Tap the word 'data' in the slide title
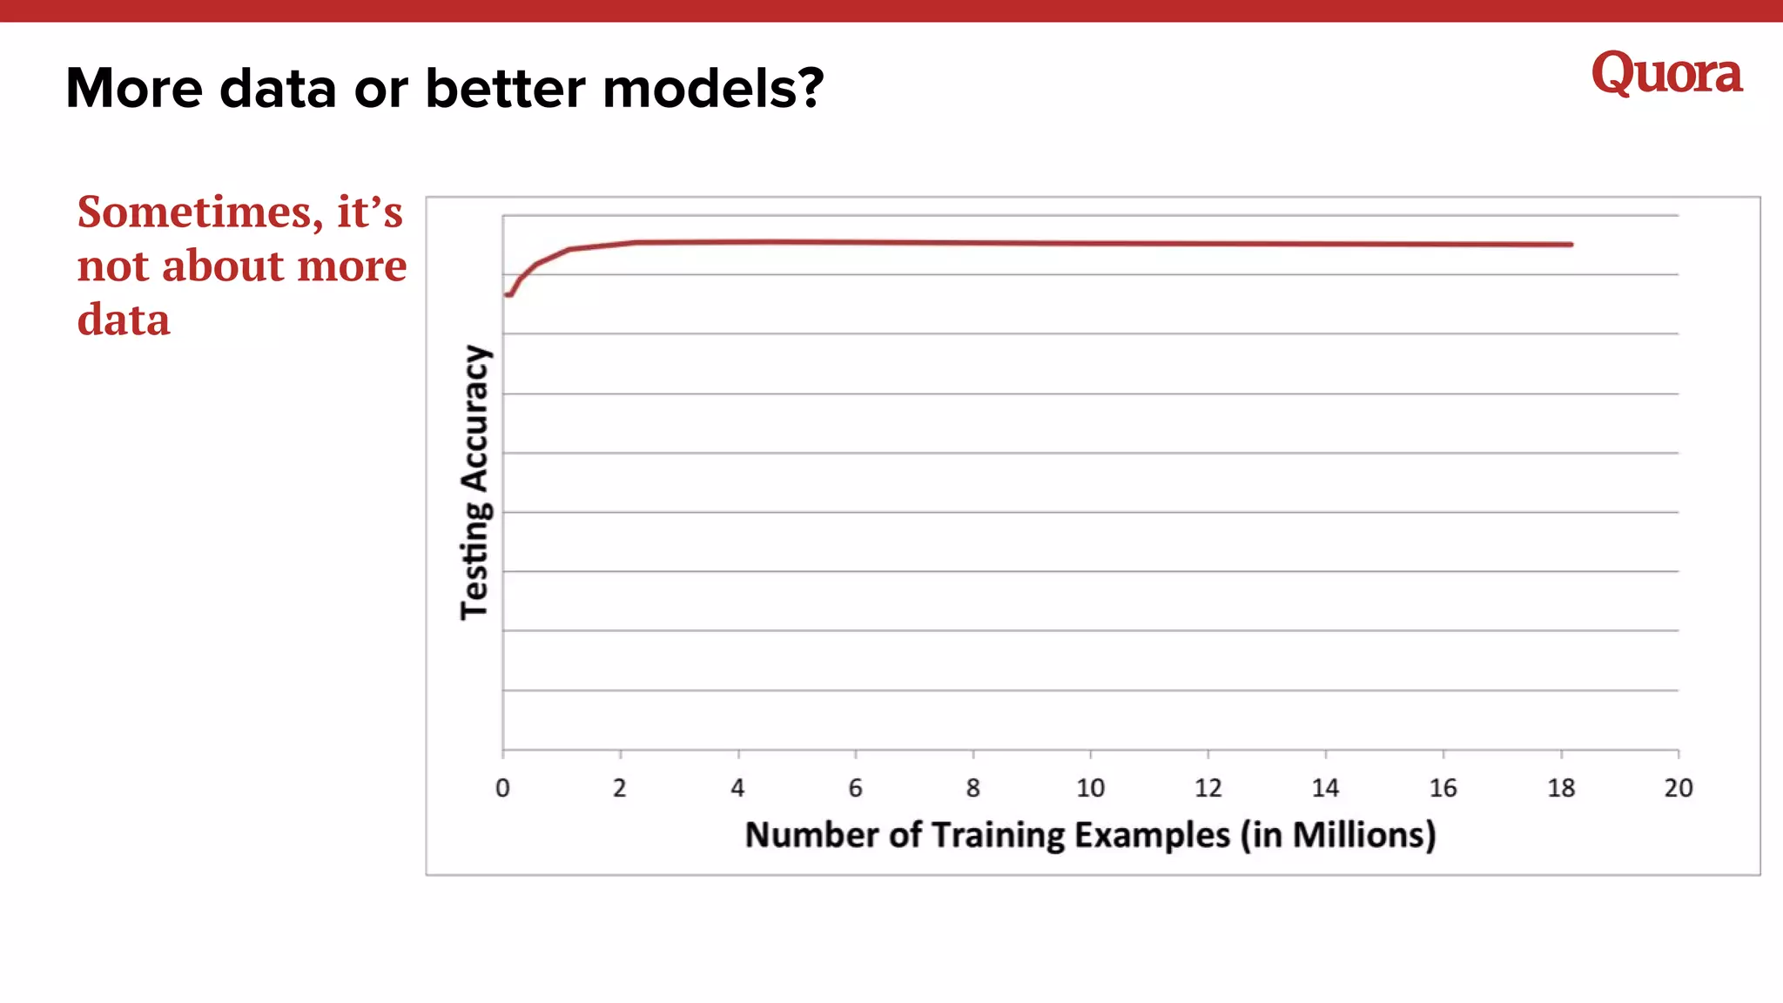click(278, 89)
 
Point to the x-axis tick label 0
click(502, 788)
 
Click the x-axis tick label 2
click(620, 788)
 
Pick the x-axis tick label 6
click(855, 788)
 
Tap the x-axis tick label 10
click(1090, 788)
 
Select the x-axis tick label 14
click(1325, 788)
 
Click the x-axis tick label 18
click(1561, 788)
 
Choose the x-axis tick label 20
click(1679, 788)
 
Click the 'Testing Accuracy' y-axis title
click(475, 481)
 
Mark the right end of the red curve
click(1571, 245)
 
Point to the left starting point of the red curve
click(508, 295)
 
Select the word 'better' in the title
click(505, 89)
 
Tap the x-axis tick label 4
click(737, 788)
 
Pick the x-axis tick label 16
click(1443, 788)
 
